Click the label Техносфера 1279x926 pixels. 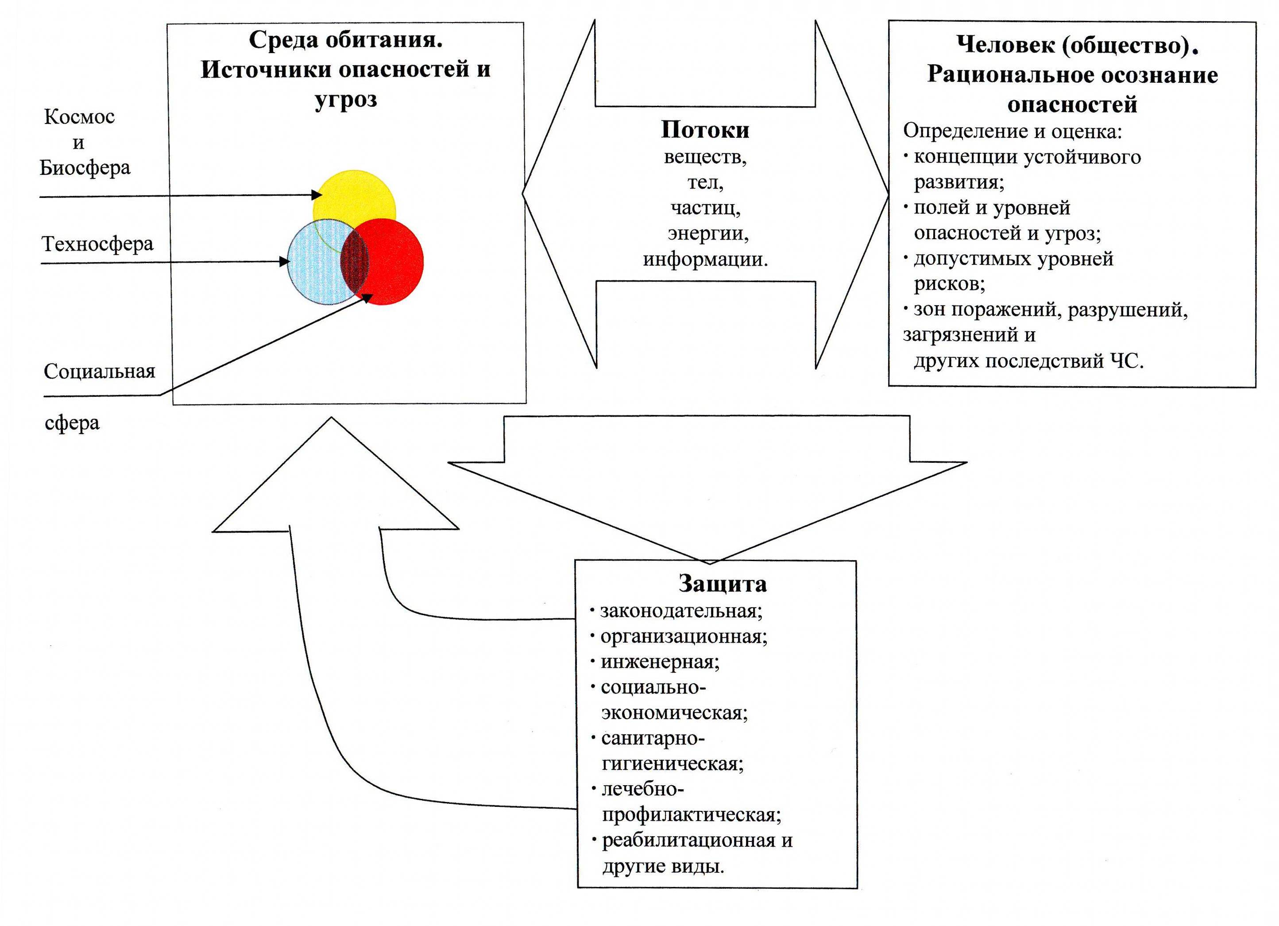pos(97,244)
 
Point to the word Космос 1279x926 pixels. pos(80,117)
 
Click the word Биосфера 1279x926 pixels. pos(85,167)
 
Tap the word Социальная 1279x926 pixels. pos(99,371)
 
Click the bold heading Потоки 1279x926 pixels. pos(705,130)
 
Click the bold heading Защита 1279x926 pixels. pos(723,584)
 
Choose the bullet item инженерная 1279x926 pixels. pos(660,662)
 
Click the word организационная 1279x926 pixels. pos(684,636)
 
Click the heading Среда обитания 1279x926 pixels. pos(346,39)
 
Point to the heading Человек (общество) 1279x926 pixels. pos(1077,45)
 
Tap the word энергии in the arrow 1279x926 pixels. pos(708,233)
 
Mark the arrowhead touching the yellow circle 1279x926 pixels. pos(317,195)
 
